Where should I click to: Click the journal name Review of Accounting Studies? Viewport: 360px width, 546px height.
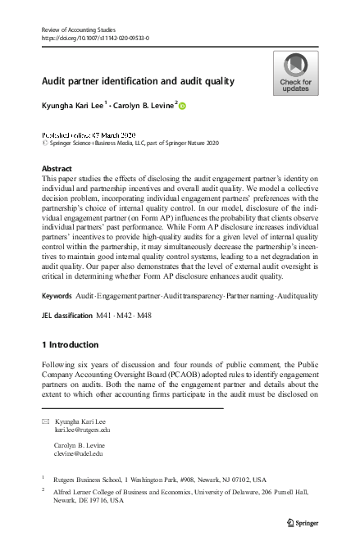[x=80, y=30]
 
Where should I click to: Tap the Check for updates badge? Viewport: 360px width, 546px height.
[x=295, y=73]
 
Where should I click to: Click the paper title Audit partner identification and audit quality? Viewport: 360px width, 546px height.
[x=138, y=81]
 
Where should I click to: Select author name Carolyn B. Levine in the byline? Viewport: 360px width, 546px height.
[x=141, y=105]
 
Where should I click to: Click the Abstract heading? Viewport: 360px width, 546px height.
[x=57, y=168]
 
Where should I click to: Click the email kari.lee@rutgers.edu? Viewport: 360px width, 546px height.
[x=82, y=430]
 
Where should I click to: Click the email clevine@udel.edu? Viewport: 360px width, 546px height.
[x=79, y=453]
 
